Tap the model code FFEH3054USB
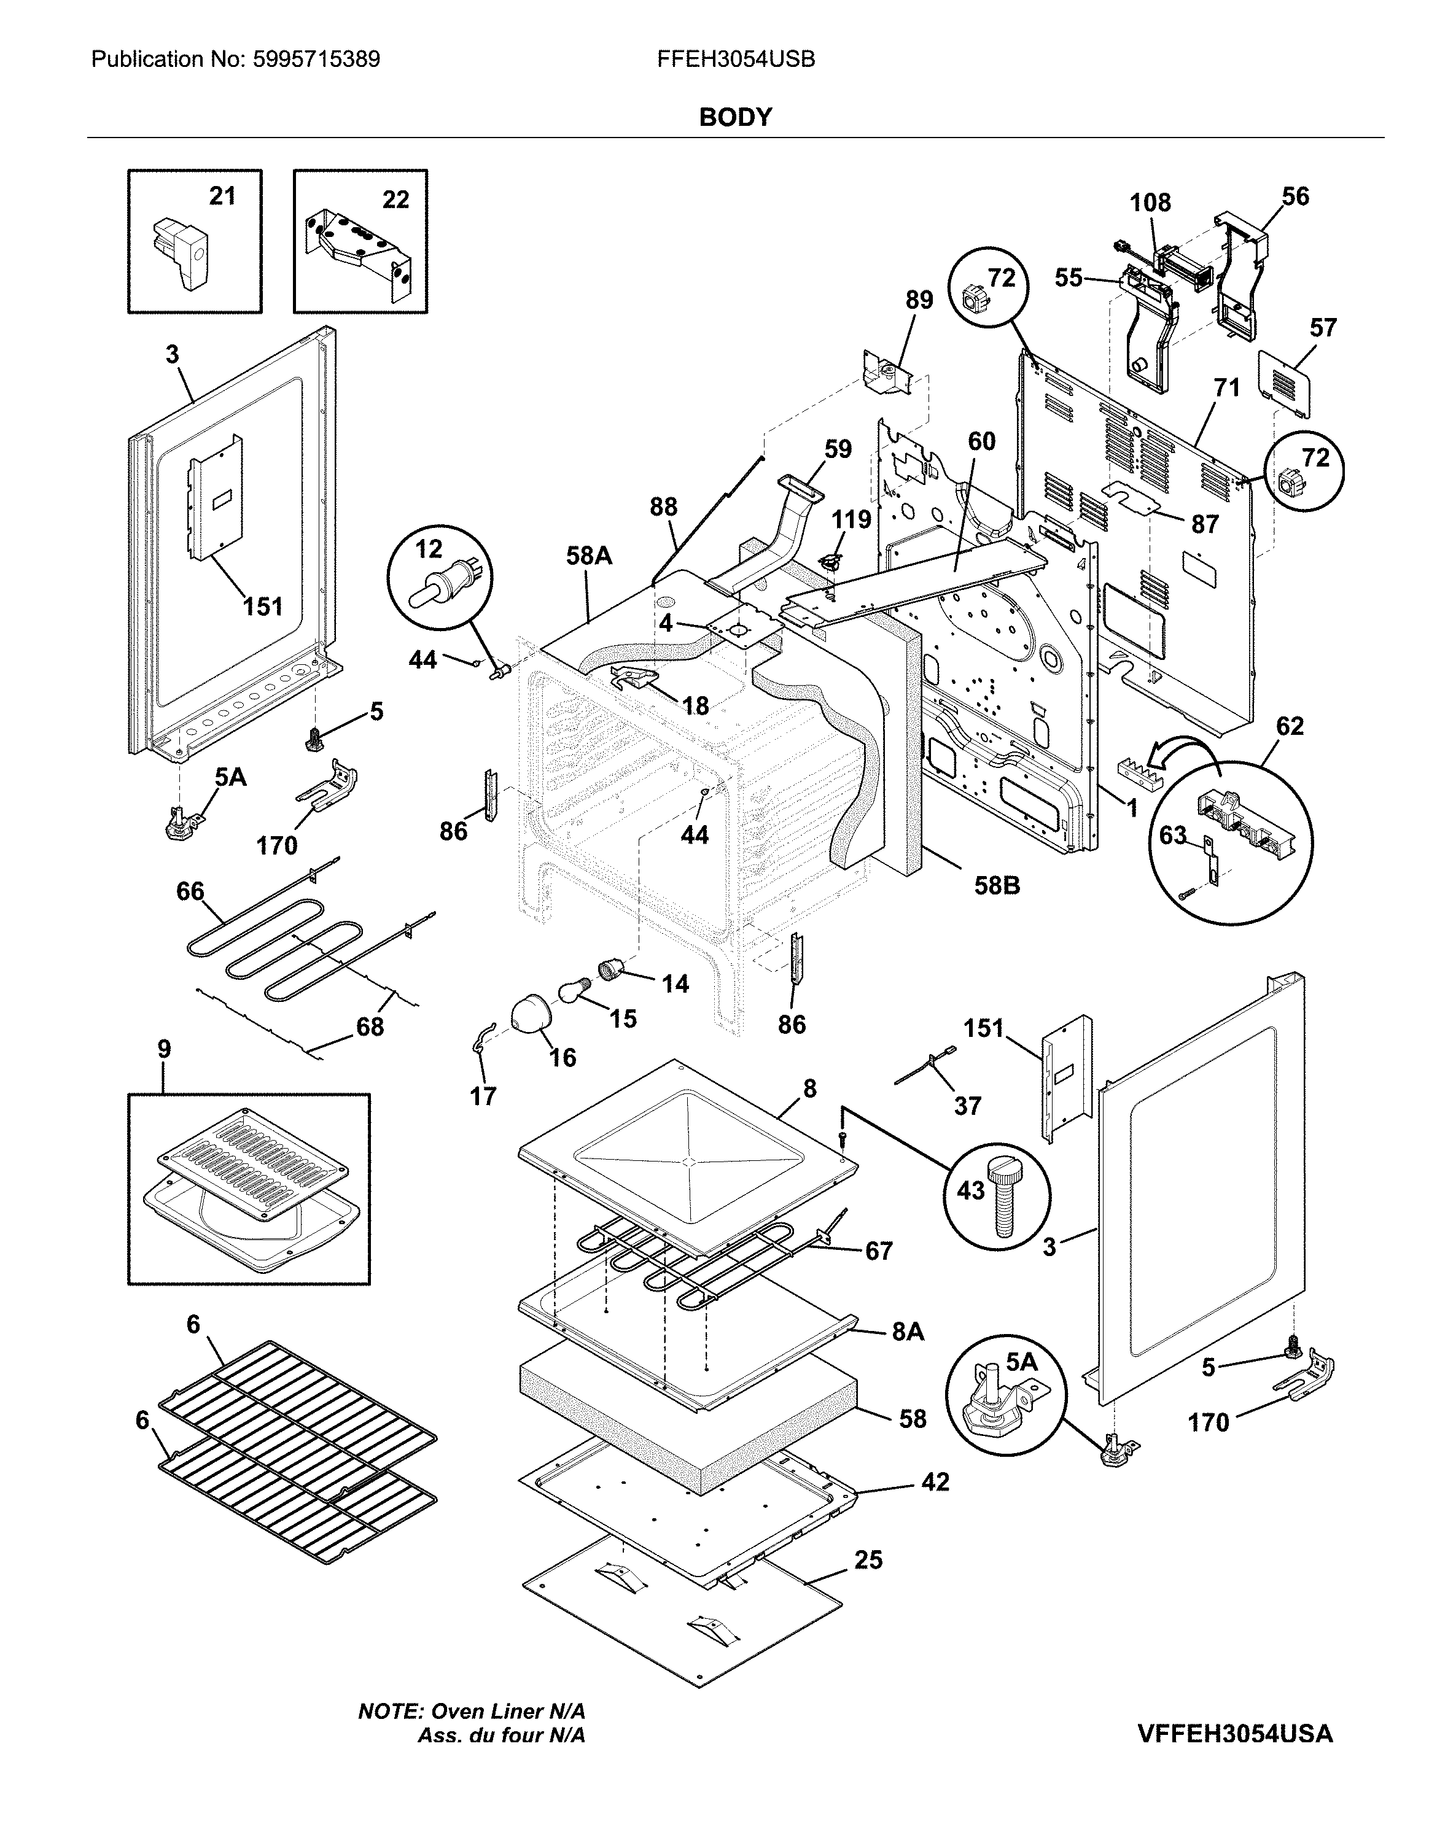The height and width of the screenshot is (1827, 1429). (x=736, y=60)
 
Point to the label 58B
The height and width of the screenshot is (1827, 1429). (x=997, y=885)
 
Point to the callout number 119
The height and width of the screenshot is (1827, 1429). (x=851, y=519)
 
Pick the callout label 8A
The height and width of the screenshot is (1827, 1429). (x=907, y=1331)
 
